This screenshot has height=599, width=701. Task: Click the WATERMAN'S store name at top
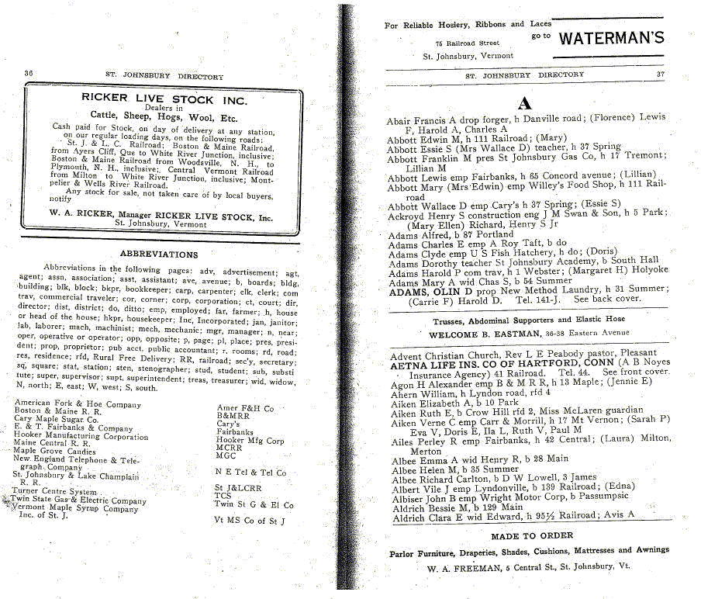611,38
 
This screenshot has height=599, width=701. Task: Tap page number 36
29,74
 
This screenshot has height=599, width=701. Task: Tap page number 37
660,74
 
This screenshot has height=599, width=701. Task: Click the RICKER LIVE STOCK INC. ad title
164,99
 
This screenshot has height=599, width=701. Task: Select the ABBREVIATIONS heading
158,254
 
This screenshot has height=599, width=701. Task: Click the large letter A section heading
524,103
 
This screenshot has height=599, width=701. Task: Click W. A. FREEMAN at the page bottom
464,567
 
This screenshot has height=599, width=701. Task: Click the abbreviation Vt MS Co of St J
250,521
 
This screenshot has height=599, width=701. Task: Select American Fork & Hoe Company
78,403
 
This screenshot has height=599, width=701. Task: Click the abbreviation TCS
223,495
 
